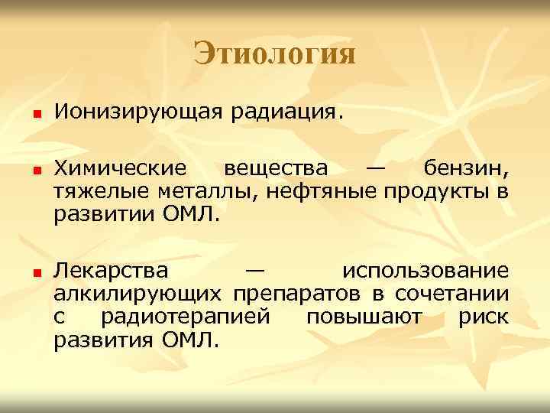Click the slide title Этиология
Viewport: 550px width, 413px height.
tap(274, 54)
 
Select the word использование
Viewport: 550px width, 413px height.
tap(425, 272)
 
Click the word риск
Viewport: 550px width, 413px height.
tap(483, 316)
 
